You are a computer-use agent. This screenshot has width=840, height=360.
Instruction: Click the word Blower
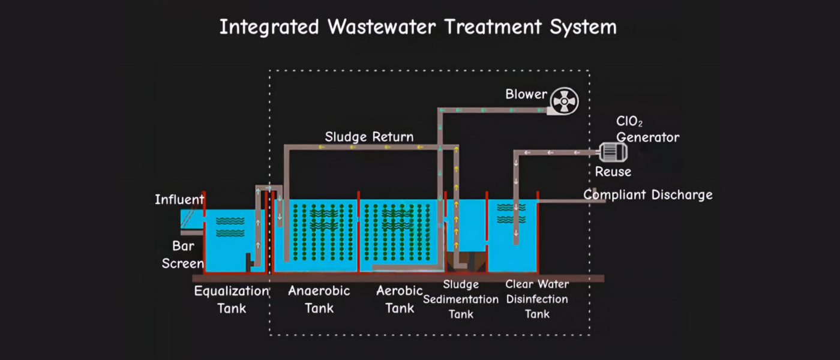(x=526, y=94)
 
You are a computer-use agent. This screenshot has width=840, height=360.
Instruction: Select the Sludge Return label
(x=369, y=137)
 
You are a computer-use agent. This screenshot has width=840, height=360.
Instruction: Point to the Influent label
(x=179, y=199)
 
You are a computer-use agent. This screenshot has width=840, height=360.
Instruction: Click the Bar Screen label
(x=183, y=254)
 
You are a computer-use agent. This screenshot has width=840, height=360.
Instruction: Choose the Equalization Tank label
(x=231, y=299)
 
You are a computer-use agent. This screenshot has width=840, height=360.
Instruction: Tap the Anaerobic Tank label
(x=319, y=299)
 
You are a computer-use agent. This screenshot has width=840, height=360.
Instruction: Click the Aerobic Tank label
(x=400, y=299)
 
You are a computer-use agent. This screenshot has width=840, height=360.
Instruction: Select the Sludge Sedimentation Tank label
(x=461, y=299)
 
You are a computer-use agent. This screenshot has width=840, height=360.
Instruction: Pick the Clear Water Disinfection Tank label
(x=537, y=299)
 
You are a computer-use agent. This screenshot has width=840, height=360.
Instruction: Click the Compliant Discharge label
(x=648, y=195)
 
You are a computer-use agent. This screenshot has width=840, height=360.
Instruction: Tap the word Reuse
(x=613, y=172)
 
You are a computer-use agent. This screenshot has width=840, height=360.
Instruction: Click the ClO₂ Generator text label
(x=647, y=130)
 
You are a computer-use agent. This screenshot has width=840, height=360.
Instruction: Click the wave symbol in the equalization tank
(x=230, y=226)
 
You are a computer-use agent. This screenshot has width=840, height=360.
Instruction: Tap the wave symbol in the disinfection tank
(x=512, y=207)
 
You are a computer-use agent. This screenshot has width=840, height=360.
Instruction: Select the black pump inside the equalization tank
(x=247, y=262)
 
